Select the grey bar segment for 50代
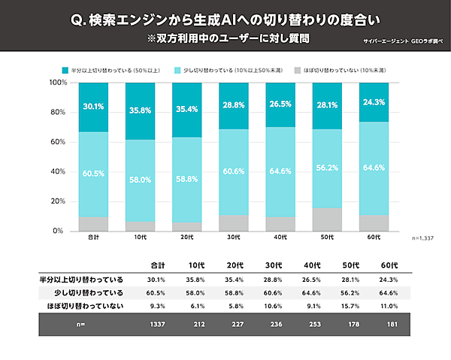(x=327, y=219)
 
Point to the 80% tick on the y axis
(x=57, y=112)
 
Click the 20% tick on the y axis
(x=57, y=201)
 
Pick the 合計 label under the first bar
(x=94, y=237)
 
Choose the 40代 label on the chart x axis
(x=280, y=237)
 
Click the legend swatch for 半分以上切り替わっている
(x=65, y=69)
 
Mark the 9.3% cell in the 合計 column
(x=158, y=306)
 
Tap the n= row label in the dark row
(x=80, y=325)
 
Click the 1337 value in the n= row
(x=158, y=325)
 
